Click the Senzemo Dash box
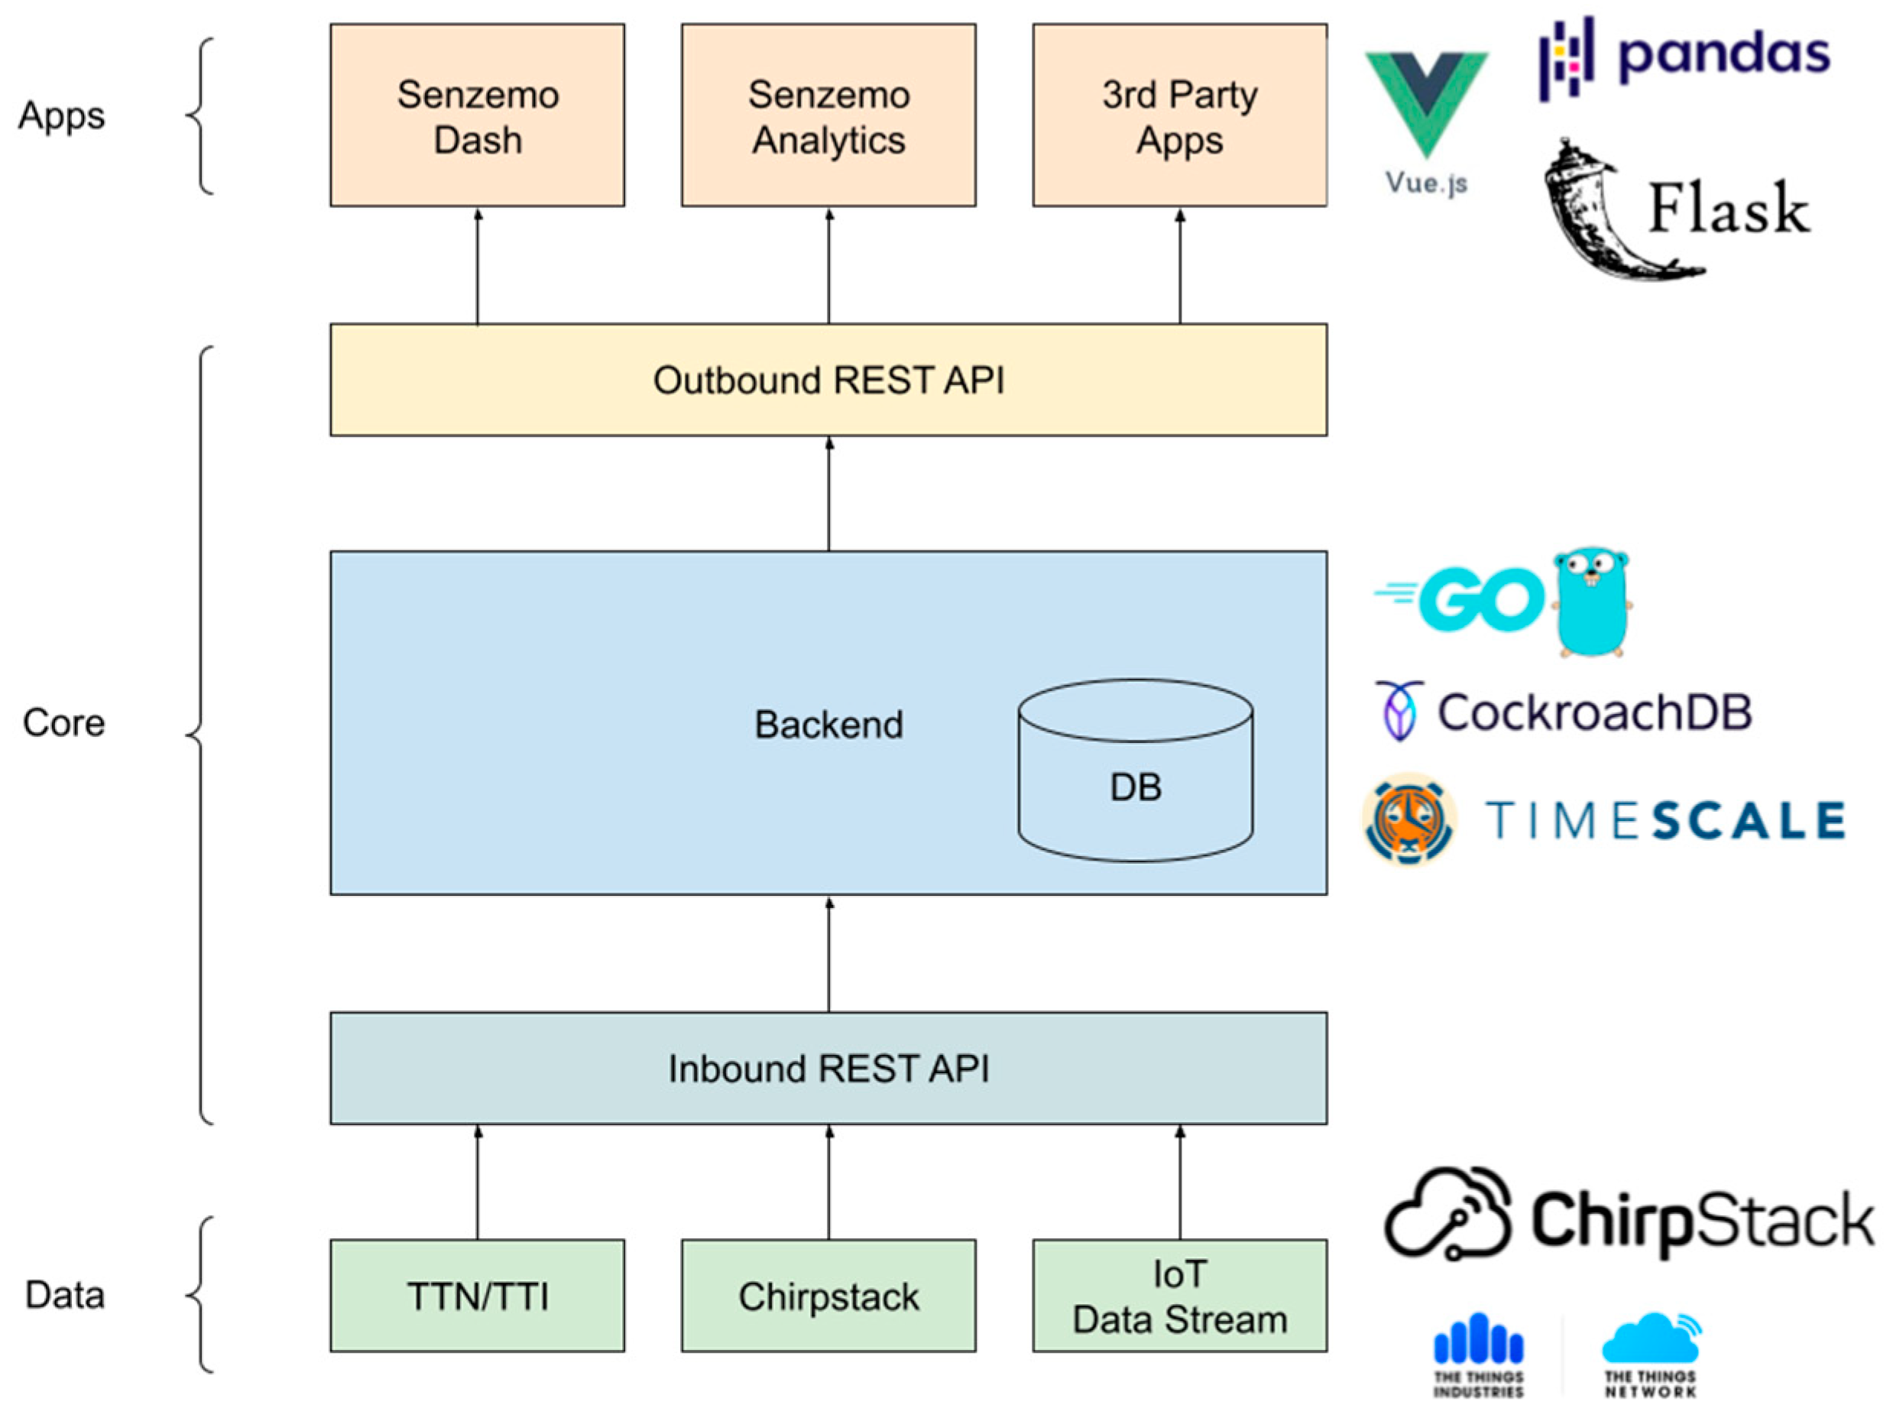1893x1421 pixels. tap(478, 115)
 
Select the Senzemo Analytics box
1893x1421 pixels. tap(828, 115)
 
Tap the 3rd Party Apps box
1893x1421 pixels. tap(1179, 115)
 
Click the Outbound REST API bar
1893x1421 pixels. tap(828, 380)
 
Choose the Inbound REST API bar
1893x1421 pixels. tap(828, 1069)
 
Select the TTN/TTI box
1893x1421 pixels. tap(478, 1296)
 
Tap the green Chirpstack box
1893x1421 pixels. tap(828, 1296)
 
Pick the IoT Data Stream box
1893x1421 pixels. tap(1179, 1296)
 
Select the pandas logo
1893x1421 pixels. tap(1684, 57)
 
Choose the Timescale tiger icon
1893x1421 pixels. tap(1408, 820)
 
